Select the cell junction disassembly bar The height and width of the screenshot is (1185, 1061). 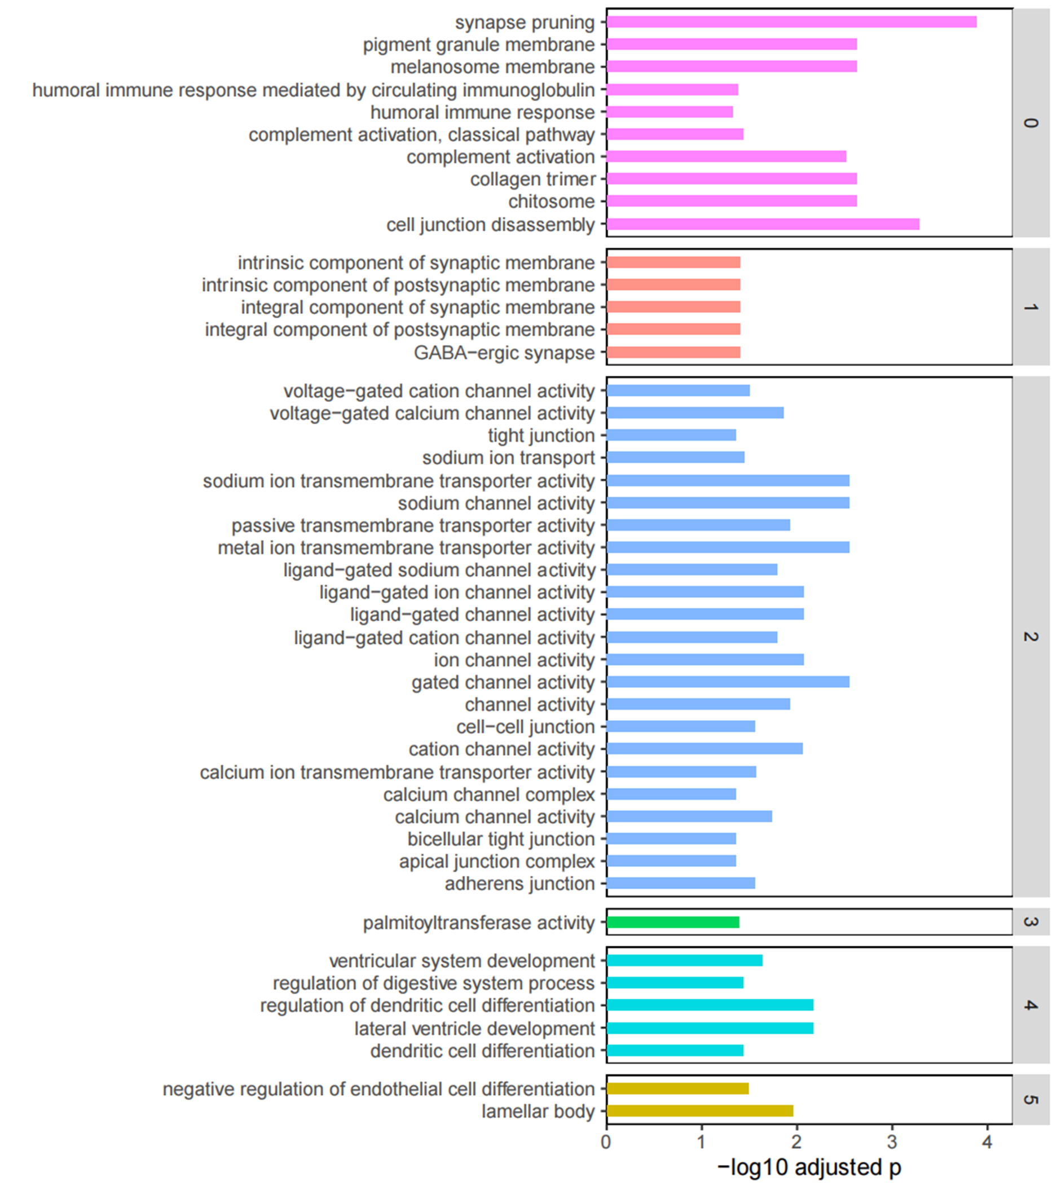click(763, 225)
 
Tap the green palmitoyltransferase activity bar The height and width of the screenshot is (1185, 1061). click(673, 922)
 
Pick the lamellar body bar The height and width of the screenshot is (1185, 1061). click(699, 1111)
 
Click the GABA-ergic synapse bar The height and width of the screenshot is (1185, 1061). click(673, 352)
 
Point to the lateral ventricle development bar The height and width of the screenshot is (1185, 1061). click(710, 1028)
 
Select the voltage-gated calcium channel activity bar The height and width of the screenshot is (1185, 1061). click(695, 413)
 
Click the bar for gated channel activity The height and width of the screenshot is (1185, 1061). click(728, 682)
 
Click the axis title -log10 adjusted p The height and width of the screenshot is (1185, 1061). click(809, 1167)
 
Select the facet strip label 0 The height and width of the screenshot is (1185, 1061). click(1031, 122)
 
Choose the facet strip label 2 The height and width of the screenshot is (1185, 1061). click(1031, 637)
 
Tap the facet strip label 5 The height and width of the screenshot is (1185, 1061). click(1031, 1099)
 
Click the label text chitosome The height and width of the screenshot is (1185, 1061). click(552, 202)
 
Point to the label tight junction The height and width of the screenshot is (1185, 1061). click(541, 436)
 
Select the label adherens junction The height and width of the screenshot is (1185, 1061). click(520, 884)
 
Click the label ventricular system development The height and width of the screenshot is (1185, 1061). click(462, 960)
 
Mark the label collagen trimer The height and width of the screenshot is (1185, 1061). click(533, 179)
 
